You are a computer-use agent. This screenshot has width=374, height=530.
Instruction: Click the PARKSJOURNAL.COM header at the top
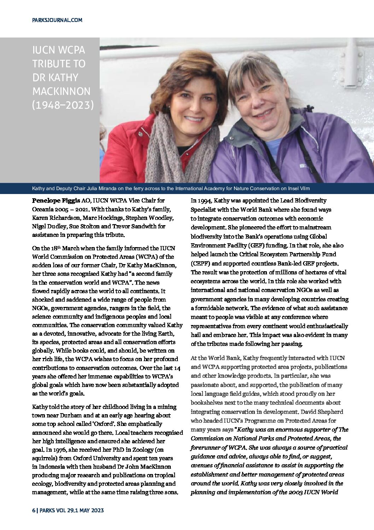57,20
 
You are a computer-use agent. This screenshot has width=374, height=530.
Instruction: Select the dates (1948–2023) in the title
63,105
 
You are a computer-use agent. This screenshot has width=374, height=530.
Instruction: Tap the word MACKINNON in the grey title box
61,91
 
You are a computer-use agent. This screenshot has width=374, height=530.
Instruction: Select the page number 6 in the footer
34,510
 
